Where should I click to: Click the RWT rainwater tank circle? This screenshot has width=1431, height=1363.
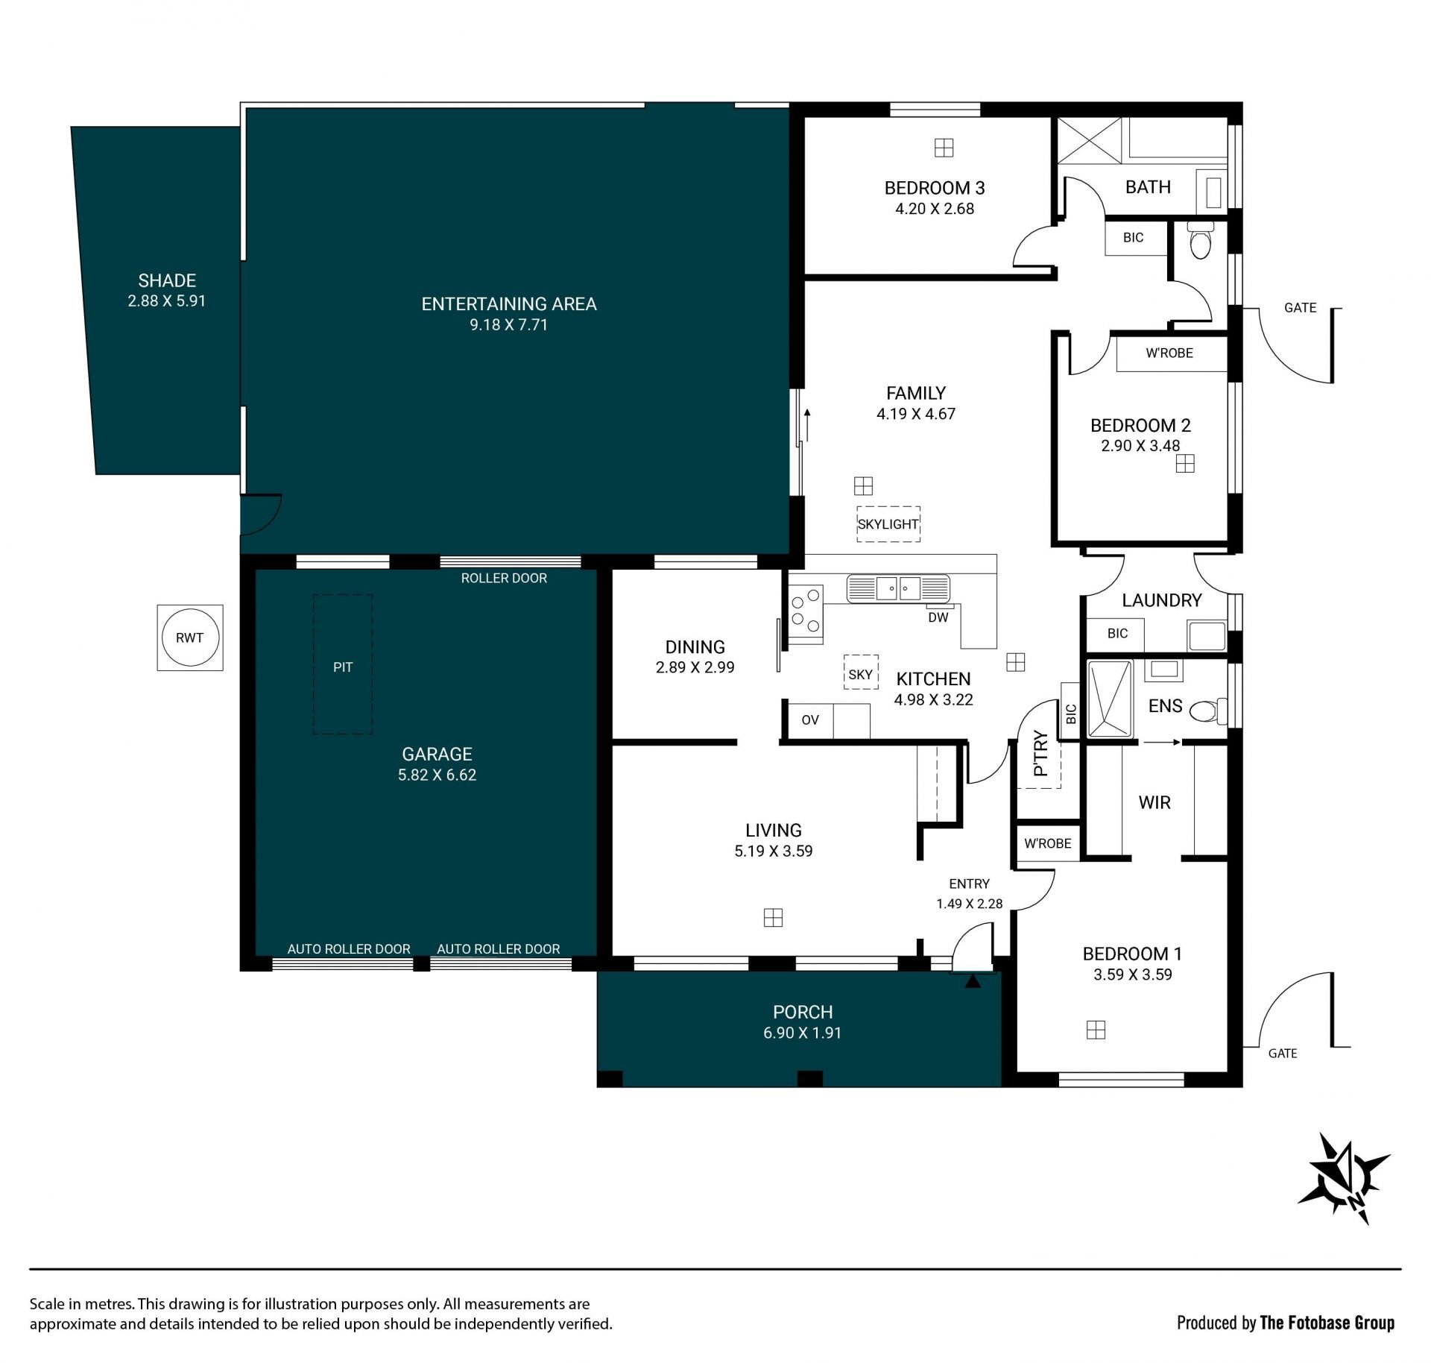189,638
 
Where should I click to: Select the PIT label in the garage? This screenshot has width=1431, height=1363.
343,667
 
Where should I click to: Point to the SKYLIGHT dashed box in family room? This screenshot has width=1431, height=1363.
888,524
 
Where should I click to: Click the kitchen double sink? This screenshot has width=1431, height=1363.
898,588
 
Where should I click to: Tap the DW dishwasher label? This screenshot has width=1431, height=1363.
938,617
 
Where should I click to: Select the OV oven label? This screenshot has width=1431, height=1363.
810,720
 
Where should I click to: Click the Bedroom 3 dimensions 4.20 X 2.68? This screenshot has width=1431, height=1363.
935,209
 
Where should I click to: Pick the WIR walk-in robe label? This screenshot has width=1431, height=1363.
1154,802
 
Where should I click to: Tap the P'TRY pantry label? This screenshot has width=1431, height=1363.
1042,754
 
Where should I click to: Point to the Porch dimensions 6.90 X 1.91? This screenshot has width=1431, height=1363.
802,1033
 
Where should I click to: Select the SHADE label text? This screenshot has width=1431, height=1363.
167,280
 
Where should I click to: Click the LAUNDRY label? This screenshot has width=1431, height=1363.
1162,600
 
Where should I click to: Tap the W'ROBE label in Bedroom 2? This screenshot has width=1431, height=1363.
1169,353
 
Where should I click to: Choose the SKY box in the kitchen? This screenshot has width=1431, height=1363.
860,674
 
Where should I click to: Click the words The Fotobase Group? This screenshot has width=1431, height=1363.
1327,1323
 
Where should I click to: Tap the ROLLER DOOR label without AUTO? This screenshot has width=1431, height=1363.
504,578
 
